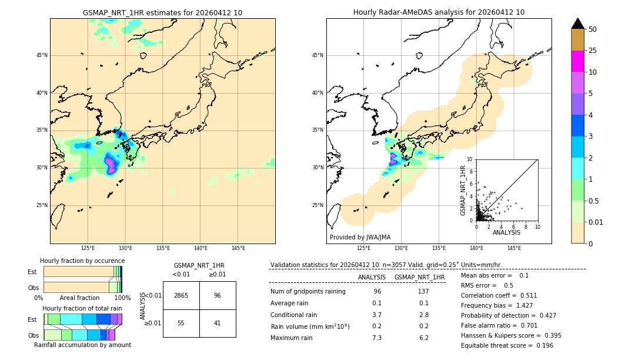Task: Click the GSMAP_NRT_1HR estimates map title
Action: point(162,12)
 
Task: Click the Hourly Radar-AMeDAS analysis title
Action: point(439,12)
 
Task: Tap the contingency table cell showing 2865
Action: point(181,295)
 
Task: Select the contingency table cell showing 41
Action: point(218,323)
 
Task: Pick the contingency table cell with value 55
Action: point(181,323)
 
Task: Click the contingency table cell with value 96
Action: point(218,295)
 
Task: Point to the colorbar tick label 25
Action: point(593,51)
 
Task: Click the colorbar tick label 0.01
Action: point(596,222)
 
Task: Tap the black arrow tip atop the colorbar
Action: point(578,23)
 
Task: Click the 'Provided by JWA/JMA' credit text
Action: point(360,238)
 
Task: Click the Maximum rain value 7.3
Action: point(377,338)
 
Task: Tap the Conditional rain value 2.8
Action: point(424,315)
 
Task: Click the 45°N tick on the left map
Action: point(42,55)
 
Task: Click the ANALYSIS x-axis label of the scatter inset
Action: point(506,232)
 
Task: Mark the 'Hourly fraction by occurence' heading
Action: point(82,261)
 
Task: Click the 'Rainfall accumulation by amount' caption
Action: point(82,345)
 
